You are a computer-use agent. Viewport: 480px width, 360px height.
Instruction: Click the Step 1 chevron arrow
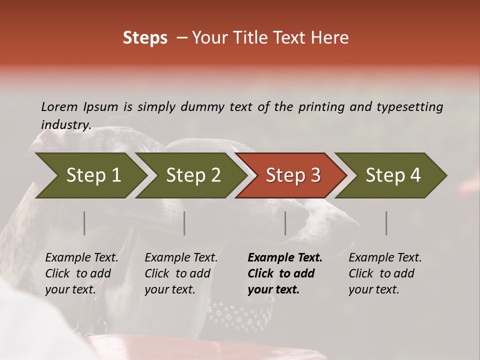click(92, 175)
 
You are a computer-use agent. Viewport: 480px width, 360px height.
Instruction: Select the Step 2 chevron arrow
click(192, 175)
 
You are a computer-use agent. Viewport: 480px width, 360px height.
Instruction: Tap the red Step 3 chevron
click(292, 175)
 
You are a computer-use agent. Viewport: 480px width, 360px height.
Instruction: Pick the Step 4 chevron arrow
click(392, 175)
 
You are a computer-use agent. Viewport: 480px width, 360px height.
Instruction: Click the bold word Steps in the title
click(145, 38)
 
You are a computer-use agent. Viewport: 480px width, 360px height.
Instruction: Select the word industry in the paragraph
click(66, 125)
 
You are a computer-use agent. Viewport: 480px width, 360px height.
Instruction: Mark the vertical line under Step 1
click(84, 223)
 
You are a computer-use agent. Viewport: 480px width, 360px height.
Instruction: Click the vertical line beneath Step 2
click(184, 223)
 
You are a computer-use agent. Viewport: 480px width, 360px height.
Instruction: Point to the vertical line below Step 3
click(285, 223)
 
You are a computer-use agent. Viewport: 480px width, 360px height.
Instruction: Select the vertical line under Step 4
click(386, 223)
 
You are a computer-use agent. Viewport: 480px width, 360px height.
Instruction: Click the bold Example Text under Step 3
click(285, 258)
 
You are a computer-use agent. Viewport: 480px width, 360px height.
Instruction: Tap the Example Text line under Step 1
click(81, 258)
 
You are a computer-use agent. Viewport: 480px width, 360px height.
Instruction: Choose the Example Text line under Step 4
click(385, 258)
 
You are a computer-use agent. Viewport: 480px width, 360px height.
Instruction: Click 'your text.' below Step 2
click(170, 289)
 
